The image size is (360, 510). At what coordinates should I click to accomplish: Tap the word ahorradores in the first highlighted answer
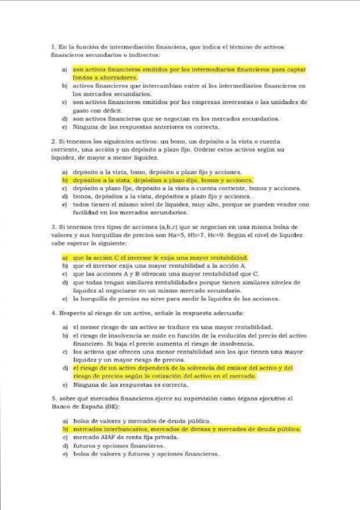120,78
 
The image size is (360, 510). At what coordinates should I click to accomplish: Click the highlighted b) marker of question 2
64,180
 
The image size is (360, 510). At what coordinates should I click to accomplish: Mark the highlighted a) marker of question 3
64,257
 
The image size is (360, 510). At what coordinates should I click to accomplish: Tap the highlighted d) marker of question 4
64,367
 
